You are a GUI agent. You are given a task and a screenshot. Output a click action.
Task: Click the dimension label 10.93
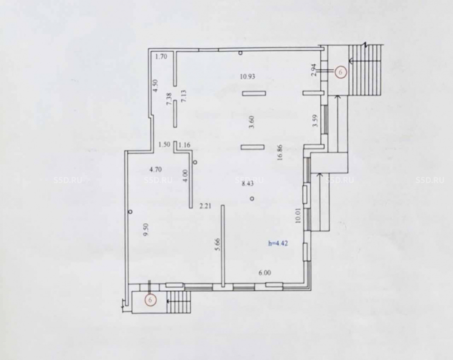248,77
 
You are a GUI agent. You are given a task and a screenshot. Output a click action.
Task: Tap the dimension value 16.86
280,152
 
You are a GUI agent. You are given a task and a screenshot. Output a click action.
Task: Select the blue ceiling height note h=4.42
278,243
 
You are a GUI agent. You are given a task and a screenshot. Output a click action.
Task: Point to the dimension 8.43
247,183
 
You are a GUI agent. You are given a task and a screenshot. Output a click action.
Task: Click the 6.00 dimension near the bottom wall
265,273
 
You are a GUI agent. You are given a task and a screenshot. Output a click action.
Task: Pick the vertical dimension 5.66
218,244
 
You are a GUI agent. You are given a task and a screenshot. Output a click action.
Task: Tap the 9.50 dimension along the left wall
146,230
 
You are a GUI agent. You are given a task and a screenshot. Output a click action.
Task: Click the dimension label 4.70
155,169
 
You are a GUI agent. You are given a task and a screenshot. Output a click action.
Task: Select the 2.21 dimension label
205,206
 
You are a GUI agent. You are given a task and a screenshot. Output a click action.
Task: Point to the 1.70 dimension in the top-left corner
161,57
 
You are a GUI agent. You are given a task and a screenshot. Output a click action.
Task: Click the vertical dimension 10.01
298,216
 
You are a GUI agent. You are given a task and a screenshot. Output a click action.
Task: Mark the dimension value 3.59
315,120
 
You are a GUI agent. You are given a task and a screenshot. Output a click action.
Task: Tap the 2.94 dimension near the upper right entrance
314,70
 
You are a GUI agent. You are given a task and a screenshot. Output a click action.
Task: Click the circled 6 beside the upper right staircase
340,72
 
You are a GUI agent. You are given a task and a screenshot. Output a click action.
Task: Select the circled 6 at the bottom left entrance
150,300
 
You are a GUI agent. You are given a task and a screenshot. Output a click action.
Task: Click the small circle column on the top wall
241,53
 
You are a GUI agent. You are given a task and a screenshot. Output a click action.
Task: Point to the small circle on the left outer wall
130,211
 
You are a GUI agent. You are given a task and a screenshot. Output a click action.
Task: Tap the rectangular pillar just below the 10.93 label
254,93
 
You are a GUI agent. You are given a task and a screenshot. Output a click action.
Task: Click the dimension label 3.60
251,122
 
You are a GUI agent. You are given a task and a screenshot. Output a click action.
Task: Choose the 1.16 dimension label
185,145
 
